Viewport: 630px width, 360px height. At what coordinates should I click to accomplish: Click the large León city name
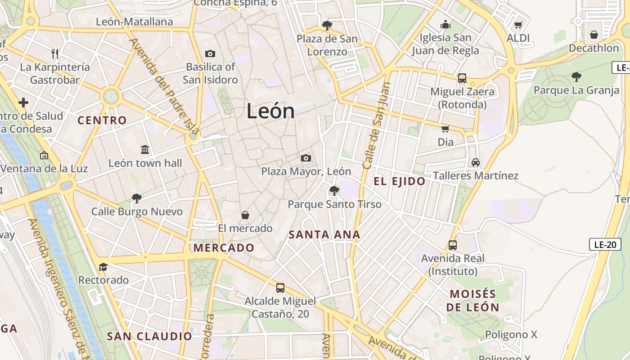[x=270, y=111]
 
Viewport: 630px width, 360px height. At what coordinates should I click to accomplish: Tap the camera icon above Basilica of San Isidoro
[x=210, y=54]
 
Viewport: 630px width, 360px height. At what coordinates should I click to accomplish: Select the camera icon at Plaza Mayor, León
[x=306, y=158]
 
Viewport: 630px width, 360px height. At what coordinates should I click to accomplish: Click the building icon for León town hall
[x=145, y=149]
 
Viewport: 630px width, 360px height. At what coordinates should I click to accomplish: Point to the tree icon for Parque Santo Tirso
[x=334, y=191]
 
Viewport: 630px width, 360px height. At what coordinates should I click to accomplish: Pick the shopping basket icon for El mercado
[x=245, y=215]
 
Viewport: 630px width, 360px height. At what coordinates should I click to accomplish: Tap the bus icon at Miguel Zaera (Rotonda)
[x=462, y=78]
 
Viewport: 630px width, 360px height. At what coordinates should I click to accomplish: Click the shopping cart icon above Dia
[x=445, y=129]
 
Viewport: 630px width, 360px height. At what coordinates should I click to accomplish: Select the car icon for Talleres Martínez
[x=475, y=162]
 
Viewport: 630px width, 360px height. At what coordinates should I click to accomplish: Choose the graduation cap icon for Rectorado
[x=103, y=267]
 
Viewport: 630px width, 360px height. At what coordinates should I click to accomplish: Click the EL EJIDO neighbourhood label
[x=400, y=181]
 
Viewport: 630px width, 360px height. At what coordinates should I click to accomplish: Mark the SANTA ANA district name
[x=324, y=234]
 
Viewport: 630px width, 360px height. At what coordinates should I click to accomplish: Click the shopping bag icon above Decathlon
[x=594, y=35]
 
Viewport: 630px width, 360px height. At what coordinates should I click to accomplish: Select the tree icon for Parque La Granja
[x=576, y=77]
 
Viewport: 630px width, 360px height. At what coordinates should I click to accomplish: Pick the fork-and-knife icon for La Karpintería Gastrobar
[x=55, y=54]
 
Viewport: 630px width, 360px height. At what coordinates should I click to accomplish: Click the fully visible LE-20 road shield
[x=605, y=245]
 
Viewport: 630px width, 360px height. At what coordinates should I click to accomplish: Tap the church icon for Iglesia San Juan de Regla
[x=445, y=24]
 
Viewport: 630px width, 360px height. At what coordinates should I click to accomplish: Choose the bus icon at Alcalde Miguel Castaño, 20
[x=280, y=288]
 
